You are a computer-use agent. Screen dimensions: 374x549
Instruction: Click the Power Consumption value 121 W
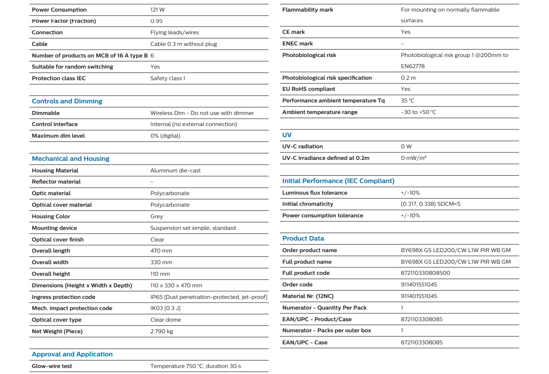[158, 10]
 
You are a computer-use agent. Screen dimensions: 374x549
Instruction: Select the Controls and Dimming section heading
[67, 101]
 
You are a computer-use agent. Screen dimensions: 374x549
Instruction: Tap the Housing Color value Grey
[157, 216]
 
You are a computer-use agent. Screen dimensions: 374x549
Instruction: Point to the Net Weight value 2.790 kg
[162, 331]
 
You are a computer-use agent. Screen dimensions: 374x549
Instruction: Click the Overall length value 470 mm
[161, 251]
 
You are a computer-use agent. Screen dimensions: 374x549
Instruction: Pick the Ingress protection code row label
[63, 297]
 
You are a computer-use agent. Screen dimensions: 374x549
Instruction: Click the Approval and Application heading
[72, 354]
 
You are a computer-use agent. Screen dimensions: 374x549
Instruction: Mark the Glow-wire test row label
[52, 366]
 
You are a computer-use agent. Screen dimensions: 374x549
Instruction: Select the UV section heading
[287, 135]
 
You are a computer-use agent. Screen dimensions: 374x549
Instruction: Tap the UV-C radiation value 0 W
[406, 146]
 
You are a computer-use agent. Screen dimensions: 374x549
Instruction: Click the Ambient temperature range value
[418, 112]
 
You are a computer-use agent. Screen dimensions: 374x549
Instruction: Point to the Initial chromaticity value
[431, 204]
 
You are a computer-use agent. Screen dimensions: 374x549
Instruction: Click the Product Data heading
[303, 238]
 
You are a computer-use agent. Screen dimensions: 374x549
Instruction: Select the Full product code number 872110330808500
[425, 273]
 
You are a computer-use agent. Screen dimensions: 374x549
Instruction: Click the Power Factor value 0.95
[157, 21]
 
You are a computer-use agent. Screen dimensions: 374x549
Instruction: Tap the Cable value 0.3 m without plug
[183, 44]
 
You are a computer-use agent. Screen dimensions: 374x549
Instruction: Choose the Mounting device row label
[54, 228]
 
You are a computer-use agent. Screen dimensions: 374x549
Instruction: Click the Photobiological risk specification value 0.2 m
[408, 78]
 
